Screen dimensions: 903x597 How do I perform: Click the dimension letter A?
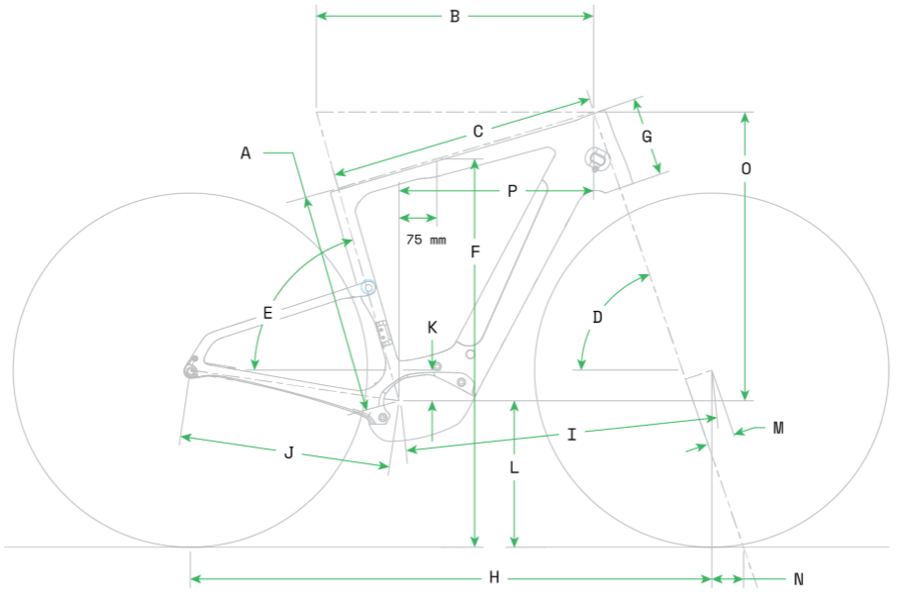pyautogui.click(x=246, y=153)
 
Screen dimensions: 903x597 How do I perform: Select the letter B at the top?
pyautogui.click(x=454, y=16)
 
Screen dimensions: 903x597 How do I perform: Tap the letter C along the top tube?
pyautogui.click(x=478, y=132)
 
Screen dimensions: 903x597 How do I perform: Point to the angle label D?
pyautogui.click(x=598, y=317)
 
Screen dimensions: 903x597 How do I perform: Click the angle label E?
pyautogui.click(x=267, y=313)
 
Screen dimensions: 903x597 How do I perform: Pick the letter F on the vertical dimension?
pyautogui.click(x=475, y=251)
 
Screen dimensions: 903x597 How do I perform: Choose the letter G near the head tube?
pyautogui.click(x=647, y=137)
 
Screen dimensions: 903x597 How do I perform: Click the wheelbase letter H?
pyautogui.click(x=494, y=577)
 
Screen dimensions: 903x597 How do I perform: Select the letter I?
pyautogui.click(x=571, y=435)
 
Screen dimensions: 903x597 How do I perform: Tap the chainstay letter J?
pyautogui.click(x=289, y=453)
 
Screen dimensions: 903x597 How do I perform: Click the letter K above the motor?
pyautogui.click(x=433, y=328)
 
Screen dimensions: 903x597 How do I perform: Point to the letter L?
pyautogui.click(x=514, y=467)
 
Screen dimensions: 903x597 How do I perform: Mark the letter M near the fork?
pyautogui.click(x=778, y=428)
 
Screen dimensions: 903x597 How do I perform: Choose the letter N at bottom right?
pyautogui.click(x=799, y=579)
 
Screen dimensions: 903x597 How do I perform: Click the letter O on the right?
pyautogui.click(x=746, y=168)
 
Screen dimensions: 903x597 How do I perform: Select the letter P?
pyautogui.click(x=512, y=191)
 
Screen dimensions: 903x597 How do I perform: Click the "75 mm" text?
pyautogui.click(x=426, y=240)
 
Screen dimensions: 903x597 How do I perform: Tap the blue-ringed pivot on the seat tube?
pyautogui.click(x=368, y=287)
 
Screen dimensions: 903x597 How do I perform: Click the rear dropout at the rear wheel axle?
pyautogui.click(x=191, y=370)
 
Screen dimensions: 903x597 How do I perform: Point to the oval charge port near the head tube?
pyautogui.click(x=598, y=158)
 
